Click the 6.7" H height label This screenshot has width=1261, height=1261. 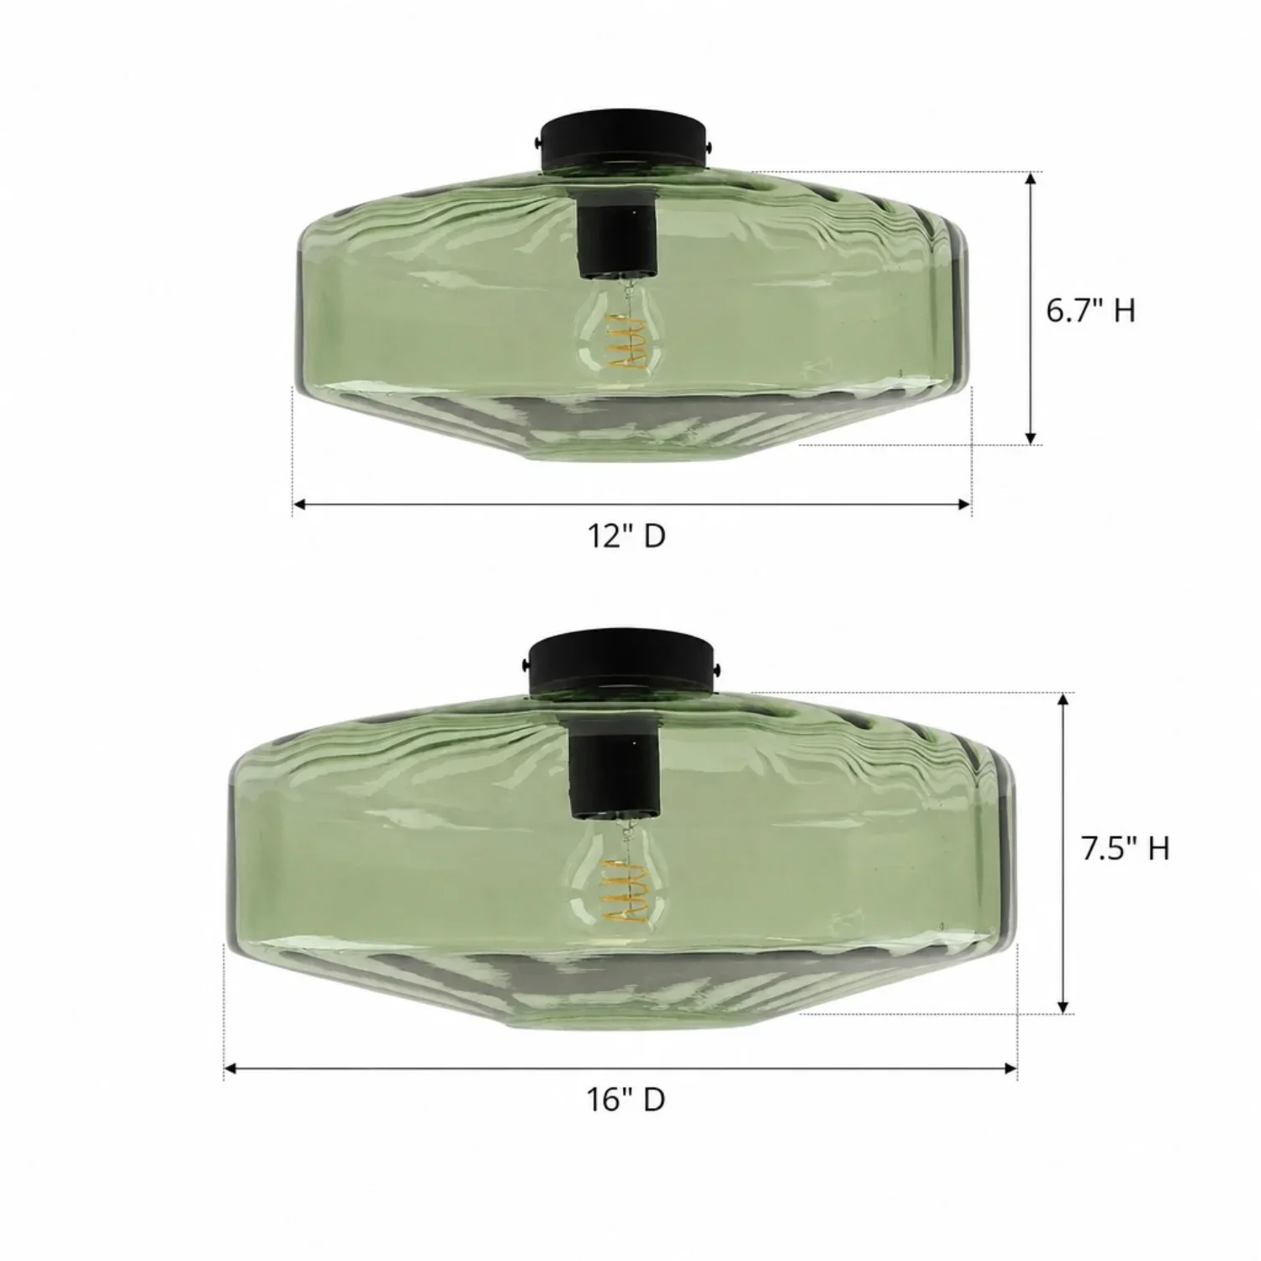1090,310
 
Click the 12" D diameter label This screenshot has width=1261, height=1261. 626,536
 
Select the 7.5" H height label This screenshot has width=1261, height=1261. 1125,849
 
